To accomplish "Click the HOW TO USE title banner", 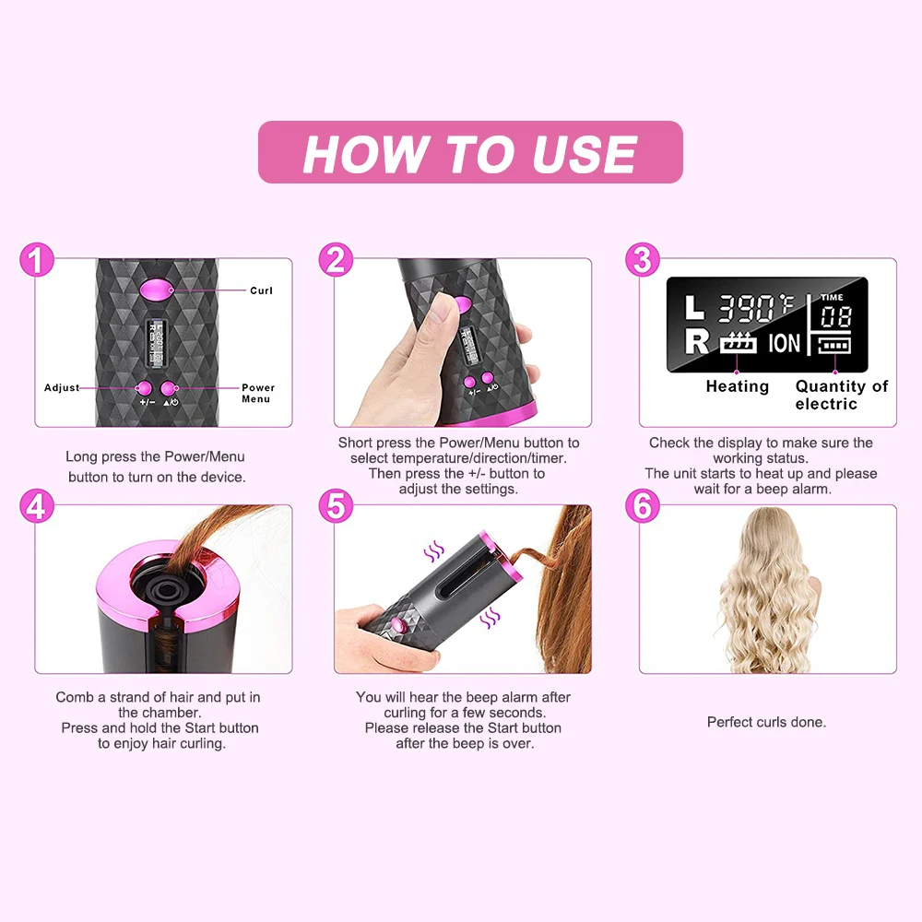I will pos(470,152).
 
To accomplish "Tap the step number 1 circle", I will pos(37,259).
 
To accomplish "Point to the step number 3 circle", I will pos(642,259).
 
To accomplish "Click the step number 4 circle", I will pos(37,506).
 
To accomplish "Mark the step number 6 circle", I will pos(642,506).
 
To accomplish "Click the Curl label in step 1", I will pos(261,290).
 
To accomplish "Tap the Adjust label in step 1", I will pos(62,388).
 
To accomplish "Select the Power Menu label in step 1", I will pos(258,394).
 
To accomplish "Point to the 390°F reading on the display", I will pos(756,307).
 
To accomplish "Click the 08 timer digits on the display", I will pos(835,317).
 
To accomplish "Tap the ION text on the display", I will pos(785,344).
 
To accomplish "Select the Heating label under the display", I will pos(737,386).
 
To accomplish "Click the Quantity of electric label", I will pos(841,395).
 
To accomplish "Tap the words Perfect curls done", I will pos(766,722).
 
